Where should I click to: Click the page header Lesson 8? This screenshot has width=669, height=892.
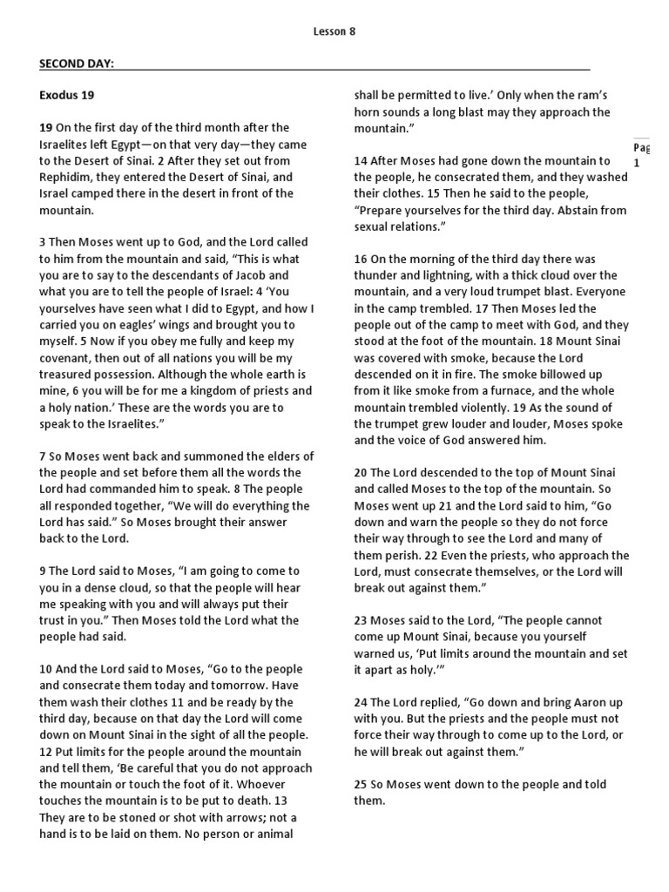(334, 31)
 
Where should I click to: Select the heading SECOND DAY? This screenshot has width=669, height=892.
(77, 64)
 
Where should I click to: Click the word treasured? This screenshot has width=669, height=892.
(74, 374)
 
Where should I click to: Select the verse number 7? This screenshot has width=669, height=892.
(44, 456)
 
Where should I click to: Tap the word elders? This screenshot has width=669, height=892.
(269, 456)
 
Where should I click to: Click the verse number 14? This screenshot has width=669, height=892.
(360, 160)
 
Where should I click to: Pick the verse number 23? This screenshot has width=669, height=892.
(360, 620)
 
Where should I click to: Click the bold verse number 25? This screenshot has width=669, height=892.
(360, 784)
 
